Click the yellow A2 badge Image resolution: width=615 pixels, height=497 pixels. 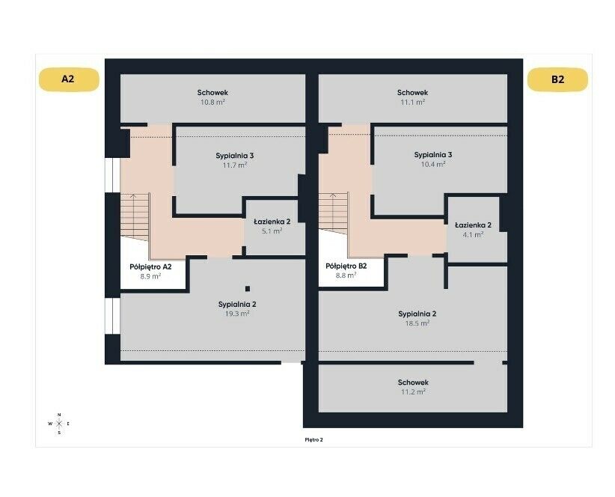coord(69,79)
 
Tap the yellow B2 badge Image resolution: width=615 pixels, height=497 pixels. coord(557,79)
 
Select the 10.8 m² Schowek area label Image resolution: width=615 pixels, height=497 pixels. coord(212,97)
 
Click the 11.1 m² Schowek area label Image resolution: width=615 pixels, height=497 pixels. coord(412,97)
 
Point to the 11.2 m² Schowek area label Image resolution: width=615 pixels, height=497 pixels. coord(413,387)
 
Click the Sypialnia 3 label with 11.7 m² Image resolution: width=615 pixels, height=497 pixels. coord(234,160)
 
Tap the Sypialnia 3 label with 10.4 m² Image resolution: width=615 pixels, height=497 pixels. coord(433,159)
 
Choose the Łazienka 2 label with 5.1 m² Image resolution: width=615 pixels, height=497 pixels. coord(272,226)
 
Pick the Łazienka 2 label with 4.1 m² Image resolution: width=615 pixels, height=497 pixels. coord(473,230)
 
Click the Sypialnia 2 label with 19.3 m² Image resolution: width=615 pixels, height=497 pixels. coord(237,308)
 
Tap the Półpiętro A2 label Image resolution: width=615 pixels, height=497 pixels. coord(150,266)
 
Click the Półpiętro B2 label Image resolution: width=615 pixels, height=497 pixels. coord(346,266)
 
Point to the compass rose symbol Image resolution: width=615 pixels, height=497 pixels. coord(59,424)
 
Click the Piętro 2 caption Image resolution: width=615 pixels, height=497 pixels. coord(313,439)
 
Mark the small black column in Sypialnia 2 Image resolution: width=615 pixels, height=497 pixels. coord(248,289)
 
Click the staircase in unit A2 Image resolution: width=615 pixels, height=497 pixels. coord(135,216)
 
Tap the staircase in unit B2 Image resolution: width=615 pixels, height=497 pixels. coord(333,213)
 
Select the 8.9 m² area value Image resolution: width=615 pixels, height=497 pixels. coord(150,276)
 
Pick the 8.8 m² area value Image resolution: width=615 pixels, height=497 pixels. coord(346,275)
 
